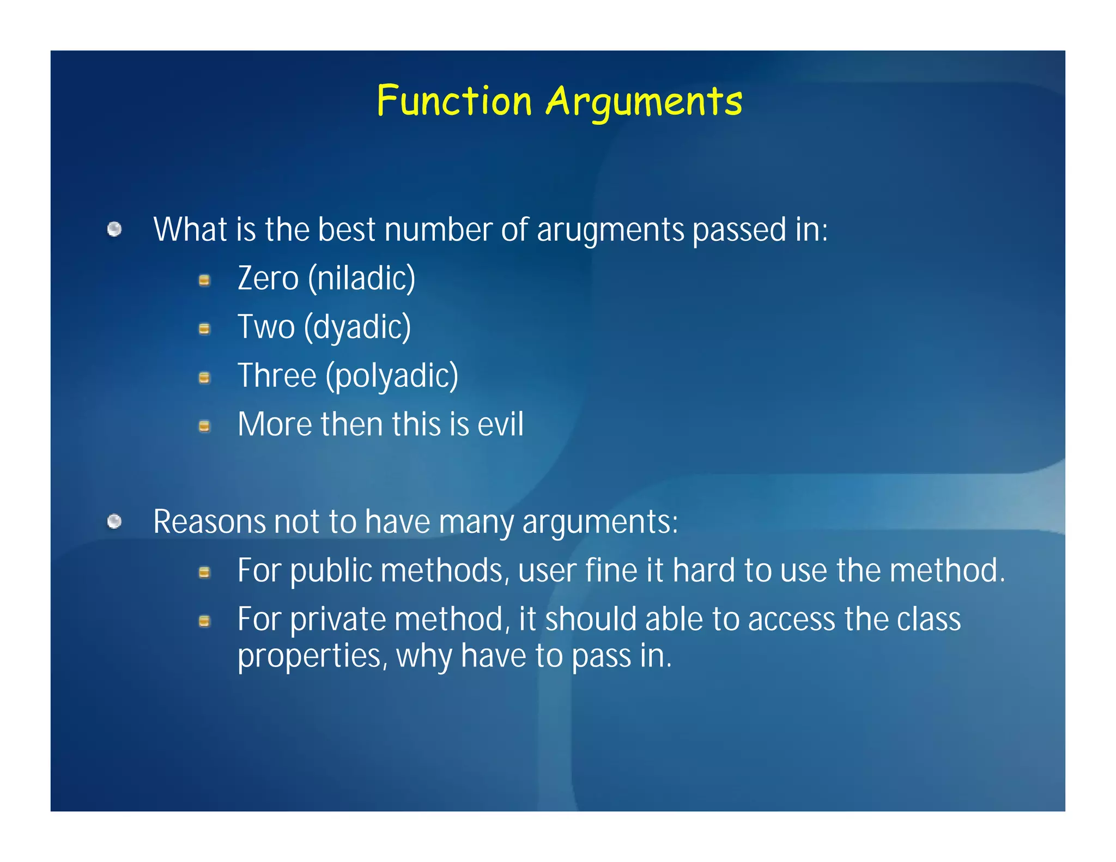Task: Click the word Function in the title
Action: pyautogui.click(x=454, y=101)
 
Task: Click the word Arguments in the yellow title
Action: pyautogui.click(x=644, y=102)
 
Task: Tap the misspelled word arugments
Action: pyautogui.click(x=610, y=230)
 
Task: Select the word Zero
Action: pyautogui.click(x=268, y=278)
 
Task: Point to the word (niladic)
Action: pyautogui.click(x=362, y=278)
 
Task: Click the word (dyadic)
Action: pyautogui.click(x=357, y=327)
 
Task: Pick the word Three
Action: pyautogui.click(x=277, y=376)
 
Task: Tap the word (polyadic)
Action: pyautogui.click(x=392, y=377)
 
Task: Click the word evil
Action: pyautogui.click(x=500, y=424)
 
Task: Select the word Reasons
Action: pyautogui.click(x=209, y=522)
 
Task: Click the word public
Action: pyautogui.click(x=331, y=571)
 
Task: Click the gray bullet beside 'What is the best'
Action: pyautogui.click(x=114, y=229)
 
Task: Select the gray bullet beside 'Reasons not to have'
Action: pyautogui.click(x=114, y=522)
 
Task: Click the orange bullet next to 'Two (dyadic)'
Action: pyautogui.click(x=204, y=329)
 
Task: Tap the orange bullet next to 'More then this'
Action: pyautogui.click(x=204, y=426)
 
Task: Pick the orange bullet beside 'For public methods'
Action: pyautogui.click(x=204, y=572)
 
